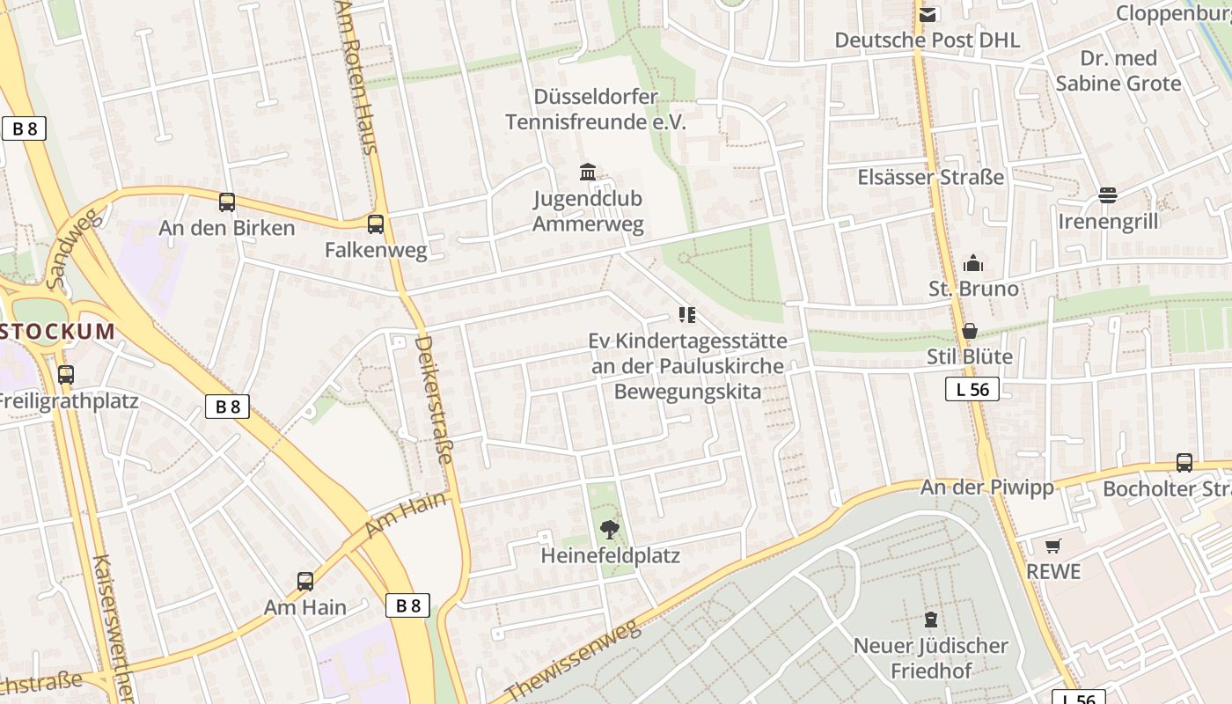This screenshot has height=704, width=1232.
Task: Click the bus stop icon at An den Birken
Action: tap(227, 202)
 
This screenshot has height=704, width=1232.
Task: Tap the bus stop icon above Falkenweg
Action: tap(376, 224)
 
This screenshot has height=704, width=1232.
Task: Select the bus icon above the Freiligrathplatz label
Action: tap(65, 375)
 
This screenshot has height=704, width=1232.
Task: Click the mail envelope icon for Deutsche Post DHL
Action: tap(927, 14)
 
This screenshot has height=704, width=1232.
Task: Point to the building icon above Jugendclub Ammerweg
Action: tap(588, 172)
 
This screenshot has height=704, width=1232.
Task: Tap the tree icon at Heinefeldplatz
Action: tap(608, 529)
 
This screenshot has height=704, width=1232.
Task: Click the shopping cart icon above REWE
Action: tap(1053, 546)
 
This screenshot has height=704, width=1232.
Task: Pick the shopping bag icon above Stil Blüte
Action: tap(970, 331)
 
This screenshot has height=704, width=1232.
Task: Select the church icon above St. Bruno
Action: tap(973, 263)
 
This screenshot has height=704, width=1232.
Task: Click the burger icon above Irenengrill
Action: tap(1108, 195)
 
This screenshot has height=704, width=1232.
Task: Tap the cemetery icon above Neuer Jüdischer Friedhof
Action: tap(931, 620)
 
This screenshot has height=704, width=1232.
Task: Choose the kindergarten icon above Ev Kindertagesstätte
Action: tap(687, 315)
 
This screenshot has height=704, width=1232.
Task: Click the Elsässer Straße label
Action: tap(931, 177)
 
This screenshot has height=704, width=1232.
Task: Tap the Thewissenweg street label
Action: tap(573, 660)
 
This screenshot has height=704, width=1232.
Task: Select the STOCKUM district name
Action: tap(58, 332)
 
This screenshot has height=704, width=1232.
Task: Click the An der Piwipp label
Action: tap(986, 488)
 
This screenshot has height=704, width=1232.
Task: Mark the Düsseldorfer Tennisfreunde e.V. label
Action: tap(596, 109)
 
